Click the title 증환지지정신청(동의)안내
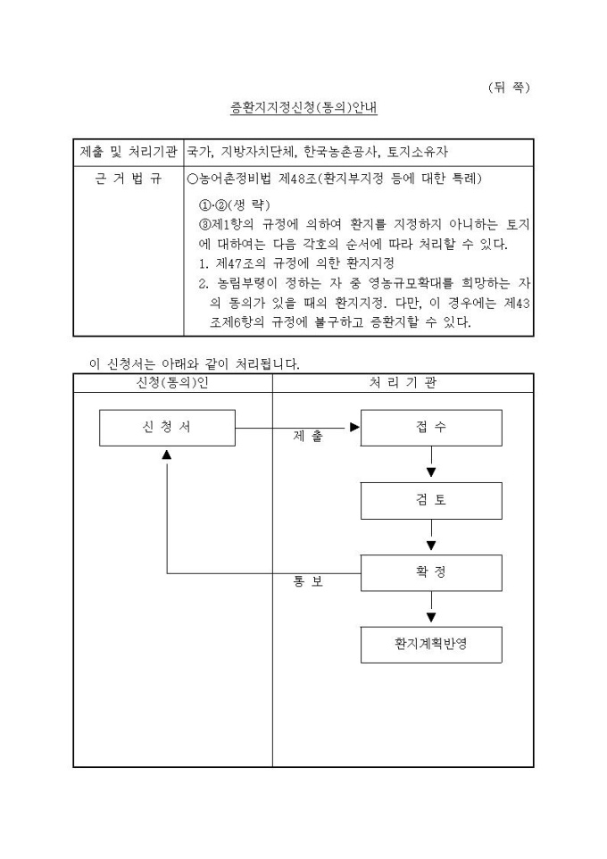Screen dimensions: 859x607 click(303, 109)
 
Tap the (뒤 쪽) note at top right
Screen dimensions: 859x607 click(510, 87)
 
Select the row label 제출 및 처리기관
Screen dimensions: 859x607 click(129, 153)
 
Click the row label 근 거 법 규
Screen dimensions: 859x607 click(129, 179)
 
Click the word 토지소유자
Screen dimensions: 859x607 click(419, 153)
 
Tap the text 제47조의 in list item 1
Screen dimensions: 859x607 click(241, 263)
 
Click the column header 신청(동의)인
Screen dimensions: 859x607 click(173, 382)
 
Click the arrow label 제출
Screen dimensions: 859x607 click(309, 437)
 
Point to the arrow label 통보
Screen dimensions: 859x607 click(309, 582)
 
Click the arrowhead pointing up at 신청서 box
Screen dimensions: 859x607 click(167, 455)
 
